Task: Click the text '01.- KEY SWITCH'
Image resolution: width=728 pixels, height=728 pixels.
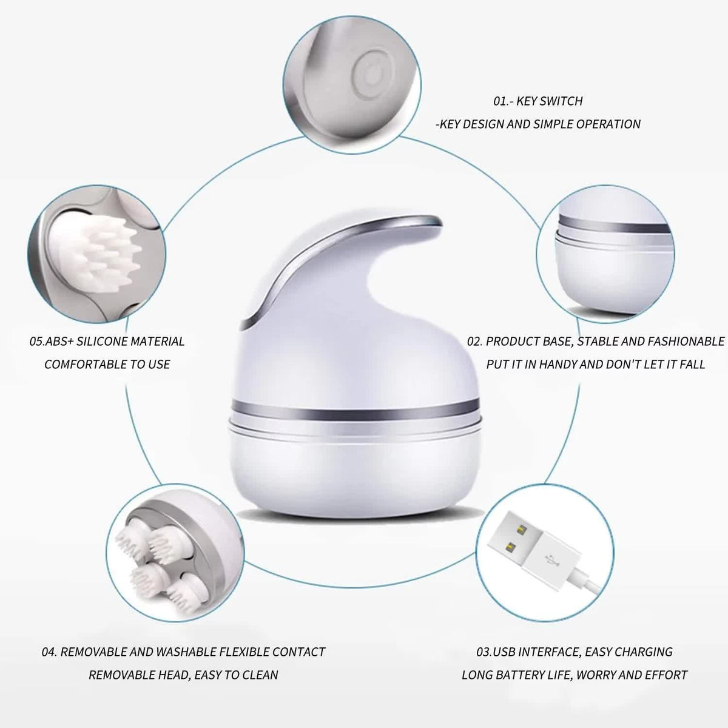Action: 538,101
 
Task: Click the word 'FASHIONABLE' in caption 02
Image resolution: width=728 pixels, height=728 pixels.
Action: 681,342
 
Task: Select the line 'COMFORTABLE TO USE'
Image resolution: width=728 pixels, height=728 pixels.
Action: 107,365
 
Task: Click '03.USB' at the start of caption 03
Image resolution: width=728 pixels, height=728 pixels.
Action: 497,652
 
